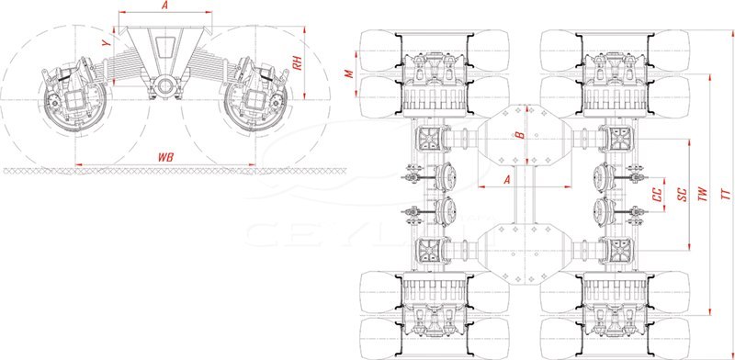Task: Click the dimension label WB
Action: (165, 158)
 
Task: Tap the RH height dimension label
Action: (296, 62)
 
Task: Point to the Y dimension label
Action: (107, 42)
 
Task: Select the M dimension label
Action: (349, 73)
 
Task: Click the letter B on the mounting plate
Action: (519, 135)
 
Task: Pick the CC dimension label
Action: (658, 195)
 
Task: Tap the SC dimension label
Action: (684, 195)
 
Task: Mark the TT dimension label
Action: (726, 195)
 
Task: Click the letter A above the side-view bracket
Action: (164, 6)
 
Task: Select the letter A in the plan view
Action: (506, 179)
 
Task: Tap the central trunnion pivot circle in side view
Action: (165, 85)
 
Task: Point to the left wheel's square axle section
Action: (74, 100)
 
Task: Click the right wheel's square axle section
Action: (255, 99)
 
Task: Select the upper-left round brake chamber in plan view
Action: (447, 177)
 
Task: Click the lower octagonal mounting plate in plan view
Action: (526, 253)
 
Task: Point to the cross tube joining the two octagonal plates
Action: (526, 194)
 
